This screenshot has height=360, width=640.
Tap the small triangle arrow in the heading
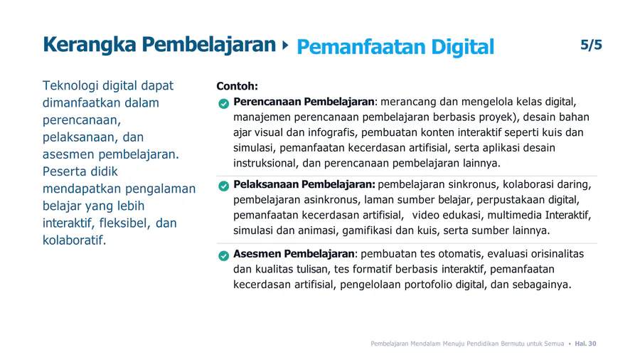tap(285, 45)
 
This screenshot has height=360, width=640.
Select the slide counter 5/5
tap(591, 45)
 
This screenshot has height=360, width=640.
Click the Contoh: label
tap(237, 86)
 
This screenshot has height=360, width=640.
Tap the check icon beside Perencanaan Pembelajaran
tap(224, 104)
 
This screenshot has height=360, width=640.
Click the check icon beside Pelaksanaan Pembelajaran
tap(224, 186)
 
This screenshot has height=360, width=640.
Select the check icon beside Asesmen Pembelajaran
tap(224, 256)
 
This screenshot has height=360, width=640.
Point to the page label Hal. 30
tap(585, 344)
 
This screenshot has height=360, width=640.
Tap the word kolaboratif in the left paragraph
tap(74, 240)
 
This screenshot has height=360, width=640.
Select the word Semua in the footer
tap(554, 344)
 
